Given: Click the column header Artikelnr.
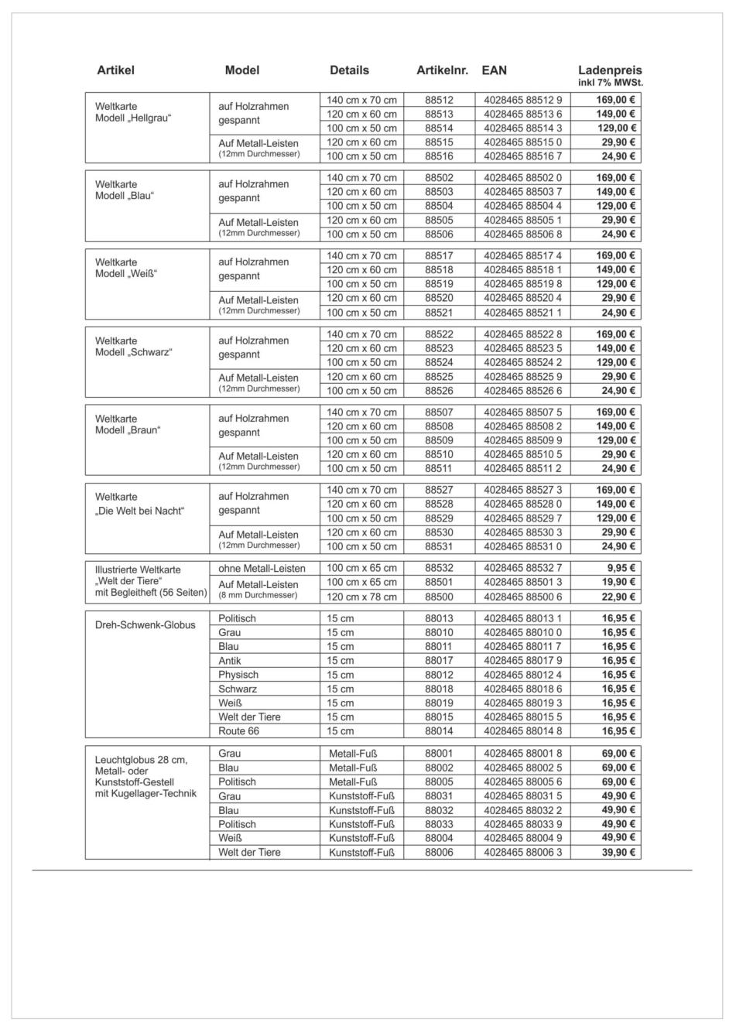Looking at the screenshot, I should click(442, 70).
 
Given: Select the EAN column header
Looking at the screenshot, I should click(494, 70).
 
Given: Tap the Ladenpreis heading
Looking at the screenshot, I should click(610, 70).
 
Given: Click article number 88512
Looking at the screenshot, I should click(439, 100).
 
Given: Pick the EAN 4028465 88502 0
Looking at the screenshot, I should click(522, 178).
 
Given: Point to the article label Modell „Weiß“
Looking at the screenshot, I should click(126, 274).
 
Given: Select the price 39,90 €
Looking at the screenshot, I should click(618, 853).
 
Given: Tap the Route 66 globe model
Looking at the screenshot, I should click(238, 731).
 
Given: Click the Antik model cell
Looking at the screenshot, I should click(229, 661).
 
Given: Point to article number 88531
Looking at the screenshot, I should click(439, 546).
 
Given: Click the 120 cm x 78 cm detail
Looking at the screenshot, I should click(361, 597).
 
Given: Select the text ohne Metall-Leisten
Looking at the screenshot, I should click(262, 568).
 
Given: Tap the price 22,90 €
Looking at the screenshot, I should click(618, 597).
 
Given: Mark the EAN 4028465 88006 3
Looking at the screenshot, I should click(522, 853).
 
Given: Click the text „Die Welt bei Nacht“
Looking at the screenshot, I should click(140, 511).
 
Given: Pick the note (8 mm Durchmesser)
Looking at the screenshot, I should click(258, 595).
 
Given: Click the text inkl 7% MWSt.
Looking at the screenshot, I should click(610, 83).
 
